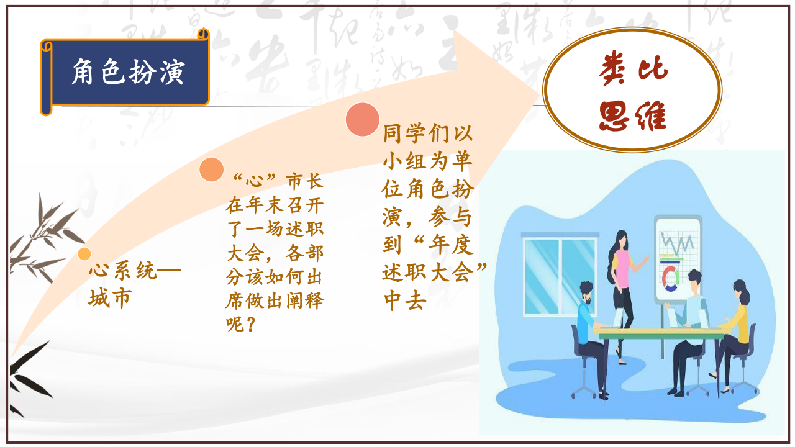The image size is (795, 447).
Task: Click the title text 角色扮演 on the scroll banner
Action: pyautogui.click(x=129, y=72)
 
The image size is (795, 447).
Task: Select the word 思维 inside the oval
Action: pyautogui.click(x=633, y=115)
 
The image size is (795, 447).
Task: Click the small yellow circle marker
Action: pyautogui.click(x=84, y=254)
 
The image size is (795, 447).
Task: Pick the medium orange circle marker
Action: pyautogui.click(x=212, y=169)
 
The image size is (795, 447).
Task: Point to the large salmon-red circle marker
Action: pyautogui.click(x=363, y=120)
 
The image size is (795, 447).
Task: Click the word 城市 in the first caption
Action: pyautogui.click(x=111, y=298)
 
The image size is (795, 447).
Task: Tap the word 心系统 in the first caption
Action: pyautogui.click(x=123, y=270)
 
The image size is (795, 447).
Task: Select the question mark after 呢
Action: pyautogui.click(x=250, y=324)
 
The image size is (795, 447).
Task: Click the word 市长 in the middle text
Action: pyautogui.click(x=305, y=181)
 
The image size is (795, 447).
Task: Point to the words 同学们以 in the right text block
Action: pyautogui.click(x=428, y=133)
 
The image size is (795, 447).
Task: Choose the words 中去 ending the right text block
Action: pyautogui.click(x=404, y=300)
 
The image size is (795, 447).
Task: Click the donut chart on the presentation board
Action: pyautogui.click(x=671, y=279)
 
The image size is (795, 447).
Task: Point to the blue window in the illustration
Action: pyautogui.click(x=560, y=274)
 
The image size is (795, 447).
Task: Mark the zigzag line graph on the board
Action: pyautogui.click(x=677, y=243)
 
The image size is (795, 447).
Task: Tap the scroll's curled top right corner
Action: pyautogui.click(x=203, y=34)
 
